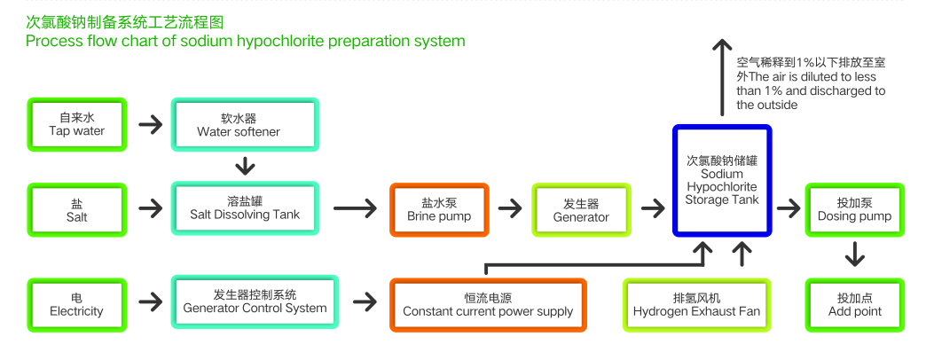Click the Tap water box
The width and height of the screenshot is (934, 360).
[x=77, y=124]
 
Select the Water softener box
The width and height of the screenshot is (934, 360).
[x=244, y=124]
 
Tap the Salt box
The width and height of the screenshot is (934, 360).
[x=77, y=209]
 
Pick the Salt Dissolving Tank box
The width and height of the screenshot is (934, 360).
[x=244, y=209]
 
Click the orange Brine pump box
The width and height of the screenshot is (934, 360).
[x=439, y=209]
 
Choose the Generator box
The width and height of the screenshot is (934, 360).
[x=581, y=209]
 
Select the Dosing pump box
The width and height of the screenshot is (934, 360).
[x=854, y=209]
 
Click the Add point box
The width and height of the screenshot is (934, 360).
[x=854, y=305]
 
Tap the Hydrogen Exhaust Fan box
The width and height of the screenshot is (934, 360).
[x=696, y=305]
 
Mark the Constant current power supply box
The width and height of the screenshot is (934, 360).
[x=488, y=305]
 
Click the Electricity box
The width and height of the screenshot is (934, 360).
[x=77, y=305]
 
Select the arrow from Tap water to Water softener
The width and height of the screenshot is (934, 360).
[x=151, y=124]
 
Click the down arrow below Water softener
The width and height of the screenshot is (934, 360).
[x=245, y=165]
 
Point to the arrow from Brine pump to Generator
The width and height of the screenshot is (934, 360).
[x=510, y=209]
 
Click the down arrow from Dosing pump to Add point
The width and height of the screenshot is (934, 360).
[x=854, y=255]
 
